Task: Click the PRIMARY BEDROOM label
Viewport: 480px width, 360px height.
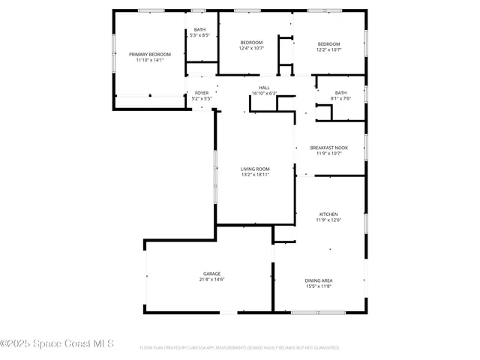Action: click(150, 55)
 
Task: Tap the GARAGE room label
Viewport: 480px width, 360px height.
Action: click(211, 274)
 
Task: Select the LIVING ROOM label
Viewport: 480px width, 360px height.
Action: click(255, 169)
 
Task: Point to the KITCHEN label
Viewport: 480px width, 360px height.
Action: click(328, 214)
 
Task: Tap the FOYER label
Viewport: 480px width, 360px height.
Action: click(202, 93)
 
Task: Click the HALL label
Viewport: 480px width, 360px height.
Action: click(265, 88)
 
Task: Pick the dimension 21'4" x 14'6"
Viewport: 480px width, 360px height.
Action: click(211, 280)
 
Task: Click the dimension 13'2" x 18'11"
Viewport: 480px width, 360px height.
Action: click(255, 175)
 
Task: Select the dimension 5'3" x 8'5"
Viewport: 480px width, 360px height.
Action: click(199, 35)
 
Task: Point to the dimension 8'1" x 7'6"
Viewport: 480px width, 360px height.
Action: click(341, 98)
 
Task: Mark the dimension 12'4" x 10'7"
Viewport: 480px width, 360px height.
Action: click(251, 49)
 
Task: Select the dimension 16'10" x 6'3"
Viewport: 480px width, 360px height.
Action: click(265, 94)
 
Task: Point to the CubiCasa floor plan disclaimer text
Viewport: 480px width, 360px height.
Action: click(239, 348)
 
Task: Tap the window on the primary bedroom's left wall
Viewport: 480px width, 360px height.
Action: click(114, 52)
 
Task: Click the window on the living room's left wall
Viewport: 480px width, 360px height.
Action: click(215, 176)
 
